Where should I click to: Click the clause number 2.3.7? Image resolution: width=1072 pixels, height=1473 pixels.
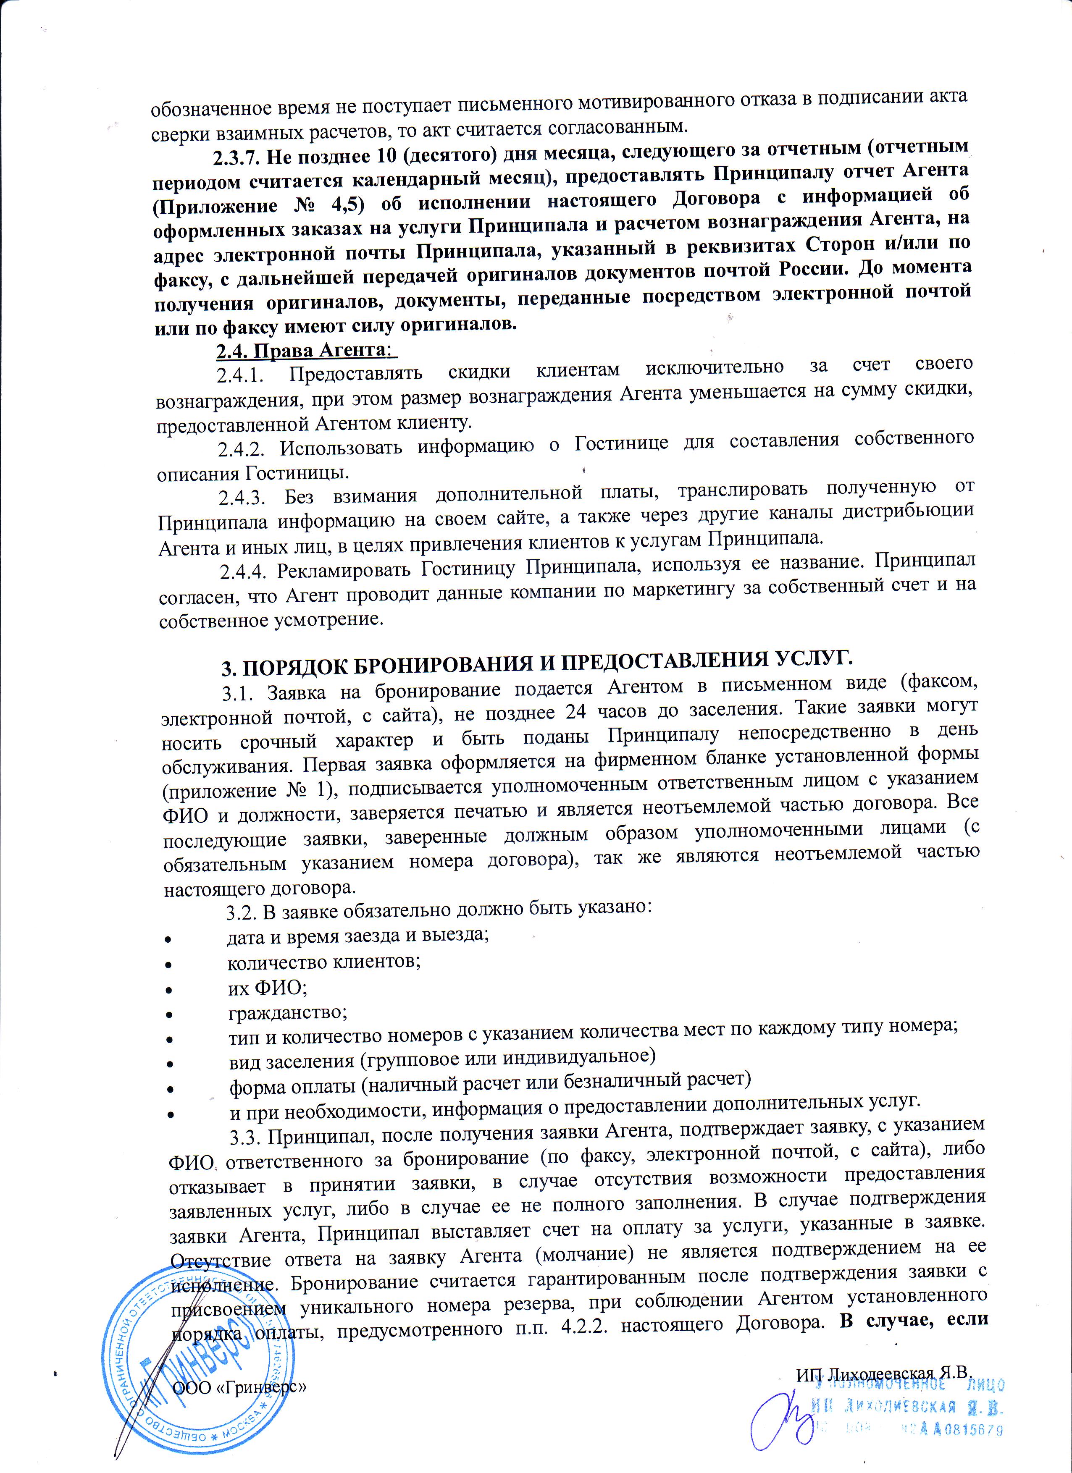click(237, 157)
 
